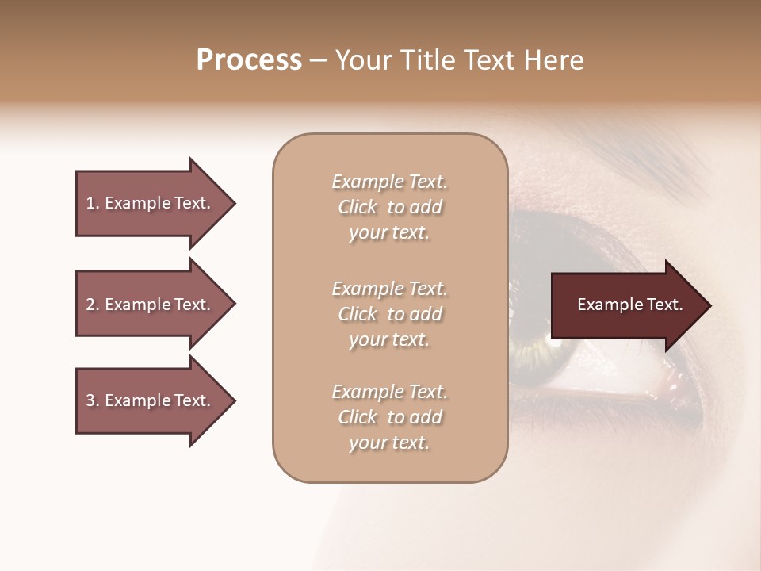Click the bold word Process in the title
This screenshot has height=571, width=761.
coord(249,60)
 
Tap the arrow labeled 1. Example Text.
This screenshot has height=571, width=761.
coord(151,203)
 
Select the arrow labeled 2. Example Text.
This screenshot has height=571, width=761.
coord(151,305)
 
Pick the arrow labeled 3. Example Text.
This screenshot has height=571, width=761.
coord(151,400)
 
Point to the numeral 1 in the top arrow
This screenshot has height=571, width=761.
coord(91,203)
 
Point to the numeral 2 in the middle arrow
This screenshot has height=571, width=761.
coord(91,305)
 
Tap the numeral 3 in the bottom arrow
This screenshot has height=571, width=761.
coord(91,400)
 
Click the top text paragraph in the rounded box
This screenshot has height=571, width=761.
coord(389,207)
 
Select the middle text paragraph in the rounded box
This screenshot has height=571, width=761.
coord(389,314)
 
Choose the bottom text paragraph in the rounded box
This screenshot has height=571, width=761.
coord(389,417)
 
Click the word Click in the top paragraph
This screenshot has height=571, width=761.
coord(358,207)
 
